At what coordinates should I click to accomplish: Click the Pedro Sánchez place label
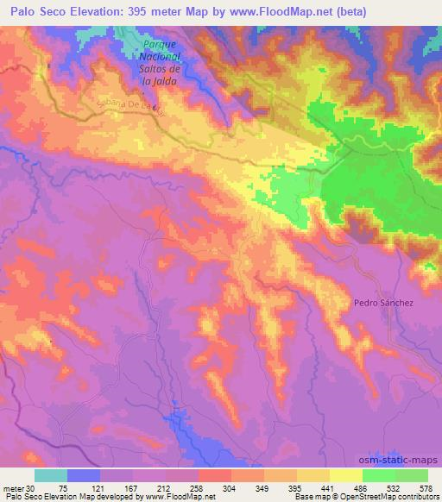(383, 303)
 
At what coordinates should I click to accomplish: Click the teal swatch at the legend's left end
(51, 475)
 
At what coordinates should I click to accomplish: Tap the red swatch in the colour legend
(215, 475)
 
